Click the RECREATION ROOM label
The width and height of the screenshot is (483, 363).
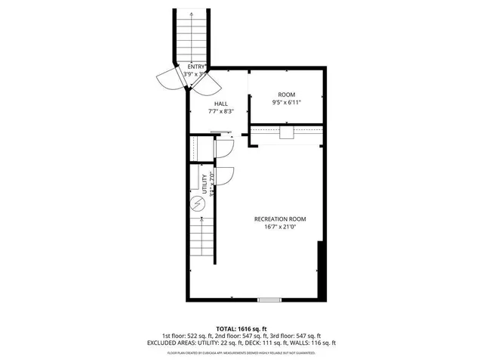point(279,219)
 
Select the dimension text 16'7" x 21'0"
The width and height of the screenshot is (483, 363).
point(279,226)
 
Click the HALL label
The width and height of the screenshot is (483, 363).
point(221,104)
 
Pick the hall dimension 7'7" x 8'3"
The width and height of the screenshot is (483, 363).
point(221,112)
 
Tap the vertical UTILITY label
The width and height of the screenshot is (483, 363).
point(205,183)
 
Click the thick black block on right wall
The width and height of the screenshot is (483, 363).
point(323,268)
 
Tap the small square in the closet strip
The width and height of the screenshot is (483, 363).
point(286,133)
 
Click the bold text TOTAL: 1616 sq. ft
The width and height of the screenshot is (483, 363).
point(241,329)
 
